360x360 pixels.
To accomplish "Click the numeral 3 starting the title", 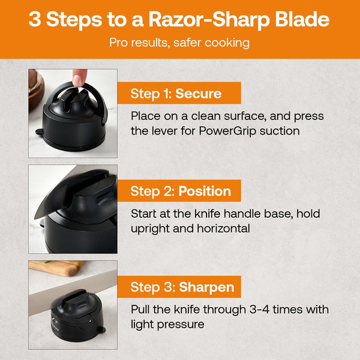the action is coord(35,19).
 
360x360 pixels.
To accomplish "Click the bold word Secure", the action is coord(199,94).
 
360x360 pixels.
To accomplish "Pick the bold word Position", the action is coord(205,191).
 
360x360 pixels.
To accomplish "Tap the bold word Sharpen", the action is coord(206,287).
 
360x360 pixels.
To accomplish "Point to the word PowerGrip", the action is coord(227,131).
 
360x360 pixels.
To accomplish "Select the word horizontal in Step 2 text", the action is coord(223,229).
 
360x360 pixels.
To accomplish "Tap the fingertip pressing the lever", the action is coord(79,77).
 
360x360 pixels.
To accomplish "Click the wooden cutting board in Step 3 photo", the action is coord(56,268).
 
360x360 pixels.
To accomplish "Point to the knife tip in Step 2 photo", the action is coord(35,218).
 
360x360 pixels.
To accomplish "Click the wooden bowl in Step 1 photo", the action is coord(36,89).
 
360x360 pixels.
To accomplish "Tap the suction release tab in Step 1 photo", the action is coord(39,131).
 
